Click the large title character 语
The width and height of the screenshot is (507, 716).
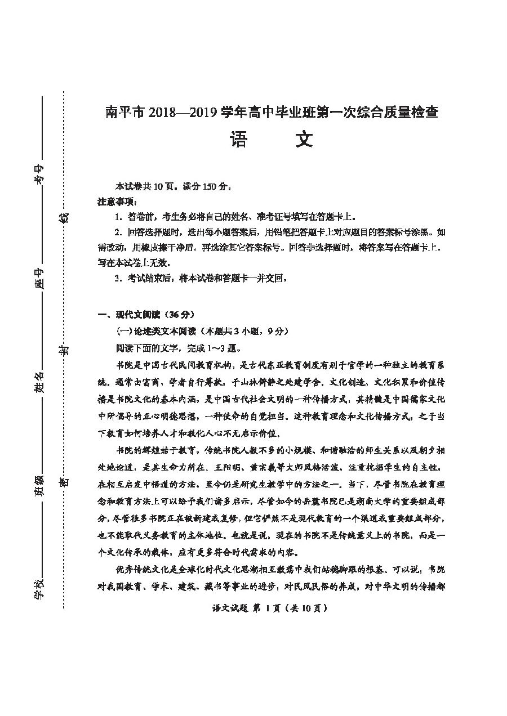tap(238, 140)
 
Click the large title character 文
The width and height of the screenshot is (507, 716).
tap(305, 140)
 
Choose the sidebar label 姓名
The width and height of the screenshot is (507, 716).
tap(38, 383)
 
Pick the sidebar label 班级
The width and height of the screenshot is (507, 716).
tap(38, 485)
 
